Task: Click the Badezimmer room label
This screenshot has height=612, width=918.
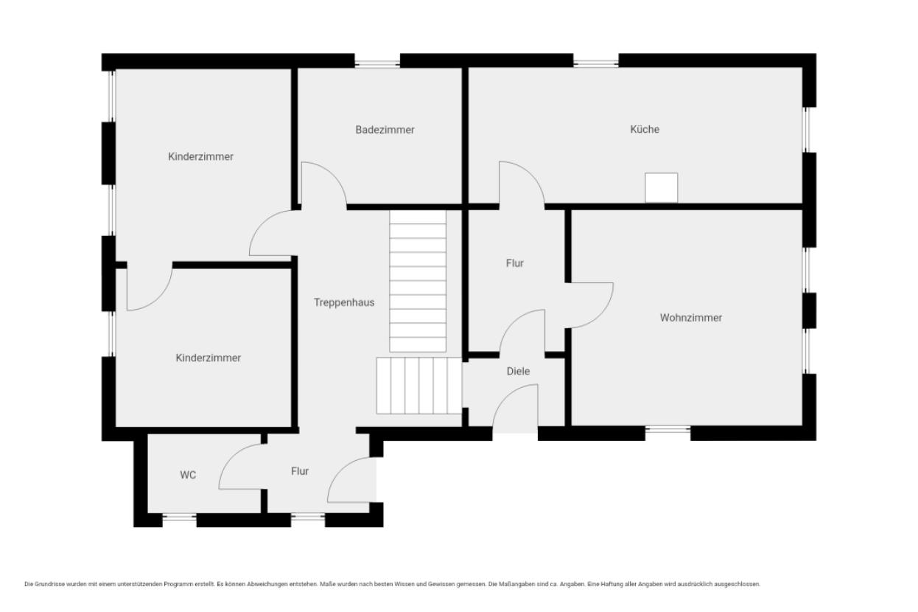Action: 385,130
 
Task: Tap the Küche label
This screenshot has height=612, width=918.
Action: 645,129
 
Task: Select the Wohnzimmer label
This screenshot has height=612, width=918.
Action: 691,318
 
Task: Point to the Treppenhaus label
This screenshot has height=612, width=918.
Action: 344,303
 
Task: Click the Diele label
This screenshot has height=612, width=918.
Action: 518,371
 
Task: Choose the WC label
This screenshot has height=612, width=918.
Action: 188,475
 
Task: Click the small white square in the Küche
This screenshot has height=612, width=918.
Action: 661,187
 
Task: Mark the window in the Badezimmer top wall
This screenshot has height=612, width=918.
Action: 377,63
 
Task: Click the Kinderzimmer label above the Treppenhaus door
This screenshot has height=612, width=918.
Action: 201,157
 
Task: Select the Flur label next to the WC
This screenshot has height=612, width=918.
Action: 300,471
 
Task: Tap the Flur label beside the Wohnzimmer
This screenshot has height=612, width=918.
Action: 515,263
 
